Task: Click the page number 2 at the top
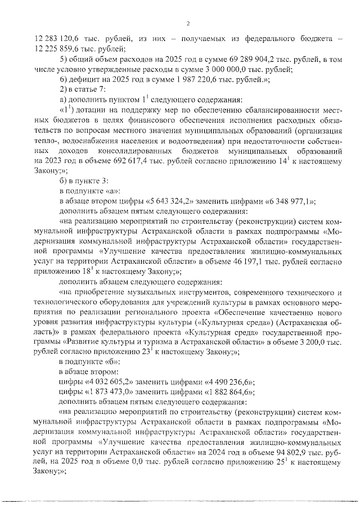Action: click(188, 23)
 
